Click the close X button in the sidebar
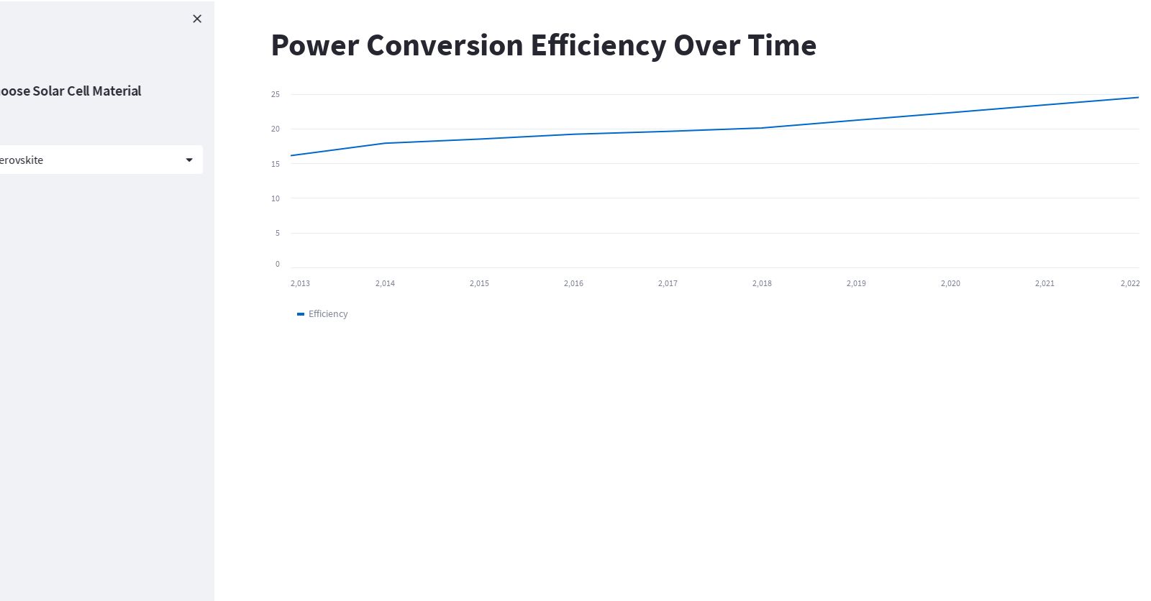coord(197,19)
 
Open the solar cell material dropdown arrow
coord(189,160)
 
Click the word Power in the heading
coord(314,45)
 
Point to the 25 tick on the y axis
coord(276,94)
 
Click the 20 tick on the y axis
coord(276,129)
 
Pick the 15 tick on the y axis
coord(276,164)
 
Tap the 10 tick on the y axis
coord(276,198)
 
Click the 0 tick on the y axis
coord(278,264)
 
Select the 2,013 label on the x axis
coord(300,283)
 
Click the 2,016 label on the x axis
coord(573,283)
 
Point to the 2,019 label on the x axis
coord(856,283)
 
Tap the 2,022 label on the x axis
coord(1129,283)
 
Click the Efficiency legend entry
coord(327,314)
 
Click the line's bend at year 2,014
coord(386,143)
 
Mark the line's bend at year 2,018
coord(762,128)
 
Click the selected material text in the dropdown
coord(22,160)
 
